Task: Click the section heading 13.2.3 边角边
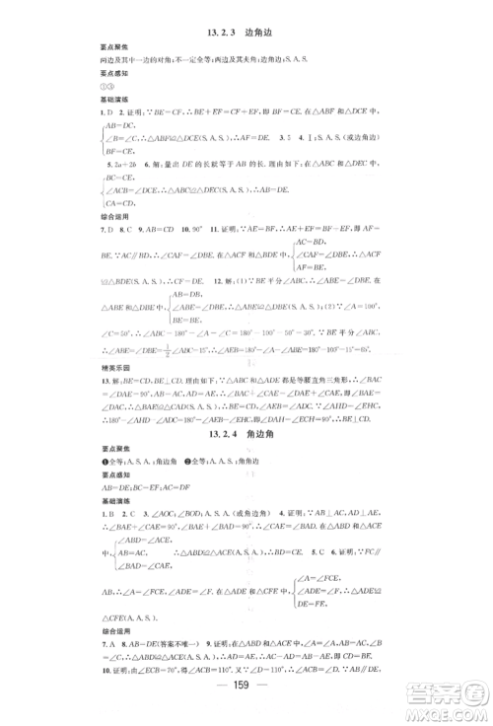246,34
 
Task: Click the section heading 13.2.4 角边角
246,434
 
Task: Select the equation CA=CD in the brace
119,203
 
